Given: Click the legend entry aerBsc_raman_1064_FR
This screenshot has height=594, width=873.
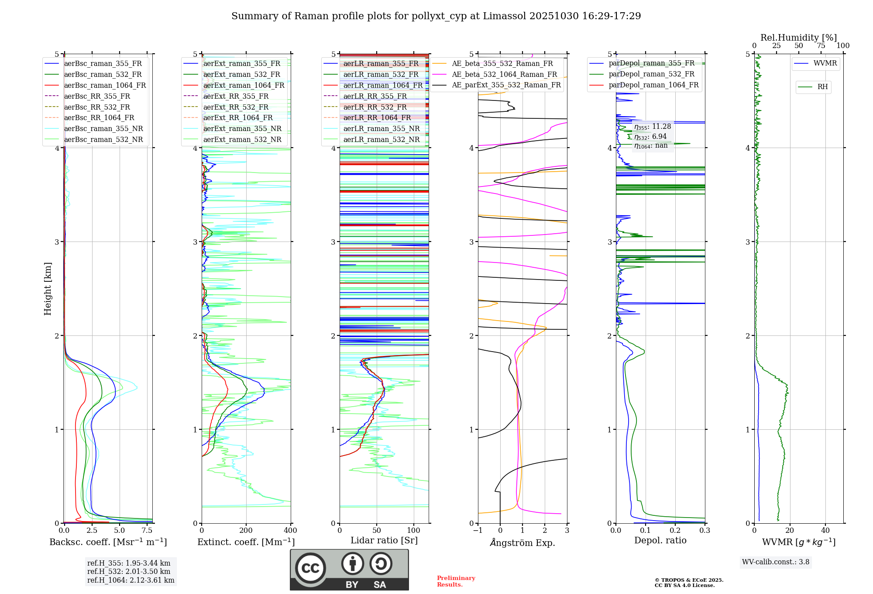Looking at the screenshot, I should pyautogui.click(x=105, y=86).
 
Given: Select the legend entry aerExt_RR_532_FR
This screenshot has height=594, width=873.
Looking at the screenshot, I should pyautogui.click(x=236, y=107).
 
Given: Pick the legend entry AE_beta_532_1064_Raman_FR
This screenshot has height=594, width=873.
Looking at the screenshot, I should pyautogui.click(x=504, y=75).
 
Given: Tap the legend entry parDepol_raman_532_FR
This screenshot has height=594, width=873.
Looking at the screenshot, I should pyautogui.click(x=651, y=74).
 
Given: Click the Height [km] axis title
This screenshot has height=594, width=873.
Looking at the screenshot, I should pyautogui.click(x=48, y=289).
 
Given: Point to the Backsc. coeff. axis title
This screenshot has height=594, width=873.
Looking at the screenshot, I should pyautogui.click(x=108, y=542).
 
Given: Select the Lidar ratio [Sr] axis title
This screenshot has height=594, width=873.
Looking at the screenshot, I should pyautogui.click(x=384, y=540).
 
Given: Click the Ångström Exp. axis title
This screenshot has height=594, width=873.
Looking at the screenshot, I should pyautogui.click(x=522, y=542).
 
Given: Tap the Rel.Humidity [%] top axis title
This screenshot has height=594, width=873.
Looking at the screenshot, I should pyautogui.click(x=798, y=38).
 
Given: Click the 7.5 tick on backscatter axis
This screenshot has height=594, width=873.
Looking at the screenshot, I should pyautogui.click(x=147, y=531).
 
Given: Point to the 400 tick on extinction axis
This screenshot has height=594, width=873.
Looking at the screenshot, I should pyautogui.click(x=290, y=531).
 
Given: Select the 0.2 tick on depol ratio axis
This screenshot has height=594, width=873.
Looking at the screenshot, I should pyautogui.click(x=675, y=531).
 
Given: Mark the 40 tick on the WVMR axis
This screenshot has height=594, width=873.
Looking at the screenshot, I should pyautogui.click(x=825, y=531).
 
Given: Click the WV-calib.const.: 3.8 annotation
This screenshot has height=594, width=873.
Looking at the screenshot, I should pyautogui.click(x=776, y=562).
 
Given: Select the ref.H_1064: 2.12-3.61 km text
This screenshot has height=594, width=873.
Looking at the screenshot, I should pyautogui.click(x=131, y=580).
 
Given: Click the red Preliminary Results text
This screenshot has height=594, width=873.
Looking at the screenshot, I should pyautogui.click(x=456, y=581).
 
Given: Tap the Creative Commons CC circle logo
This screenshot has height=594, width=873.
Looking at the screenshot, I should pyautogui.click(x=310, y=568).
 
